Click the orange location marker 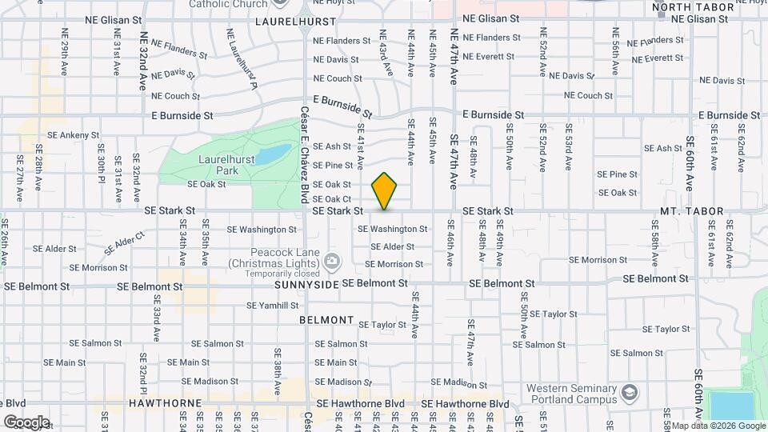click(x=385, y=191)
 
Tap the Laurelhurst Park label click(x=227, y=165)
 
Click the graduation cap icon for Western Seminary click(x=630, y=392)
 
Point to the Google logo click(x=26, y=422)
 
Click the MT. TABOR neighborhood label click(x=692, y=212)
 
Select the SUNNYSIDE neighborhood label click(x=307, y=285)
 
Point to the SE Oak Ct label click(x=332, y=199)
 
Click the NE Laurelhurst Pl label click(x=242, y=59)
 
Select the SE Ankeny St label click(x=73, y=135)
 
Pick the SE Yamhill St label click(x=272, y=306)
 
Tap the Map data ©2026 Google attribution click(x=718, y=426)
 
